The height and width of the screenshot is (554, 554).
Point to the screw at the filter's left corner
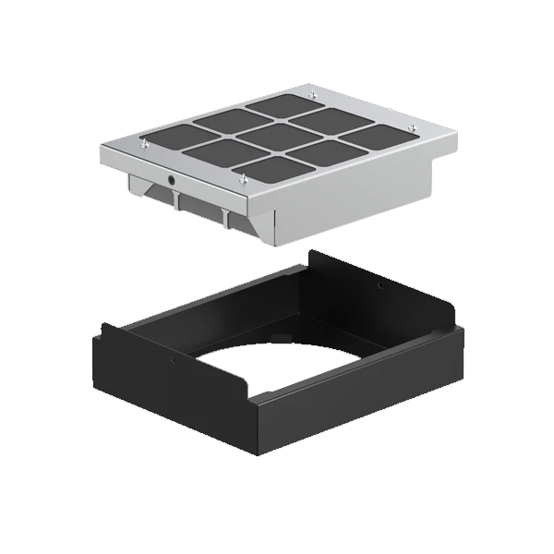pos(144,144)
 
